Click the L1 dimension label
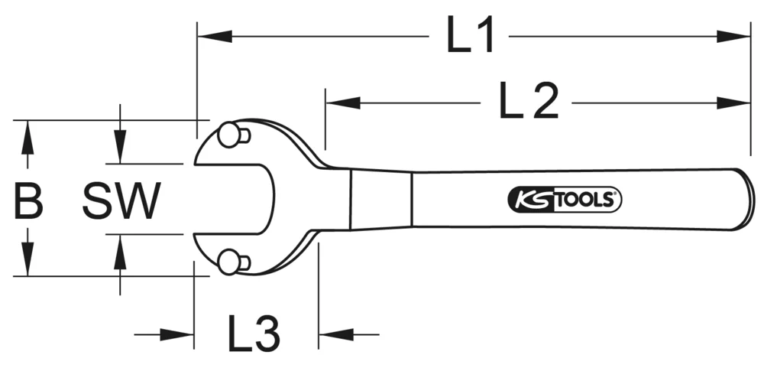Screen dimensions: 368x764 pos(471,36)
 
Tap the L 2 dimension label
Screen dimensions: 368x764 pos(529,102)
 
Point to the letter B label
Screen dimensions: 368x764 pos(28,201)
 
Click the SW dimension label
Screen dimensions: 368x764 pos(121,201)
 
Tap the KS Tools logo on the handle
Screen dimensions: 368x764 pos(565,200)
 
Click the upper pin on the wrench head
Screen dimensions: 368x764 pos(228,135)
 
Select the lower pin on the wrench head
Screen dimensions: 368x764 pos(228,262)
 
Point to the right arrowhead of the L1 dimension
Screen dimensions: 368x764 pos(734,35)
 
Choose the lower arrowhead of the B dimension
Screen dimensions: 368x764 pos(28,259)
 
